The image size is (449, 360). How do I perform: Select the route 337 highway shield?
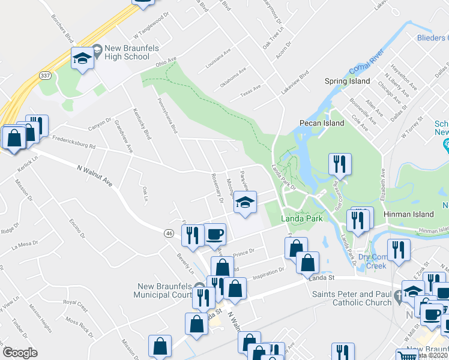click(44, 76)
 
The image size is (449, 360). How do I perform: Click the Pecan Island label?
click(322, 123)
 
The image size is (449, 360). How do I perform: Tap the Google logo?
click(20, 353)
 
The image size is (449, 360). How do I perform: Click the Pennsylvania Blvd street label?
click(167, 116)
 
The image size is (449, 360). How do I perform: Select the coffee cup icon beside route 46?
click(215, 234)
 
